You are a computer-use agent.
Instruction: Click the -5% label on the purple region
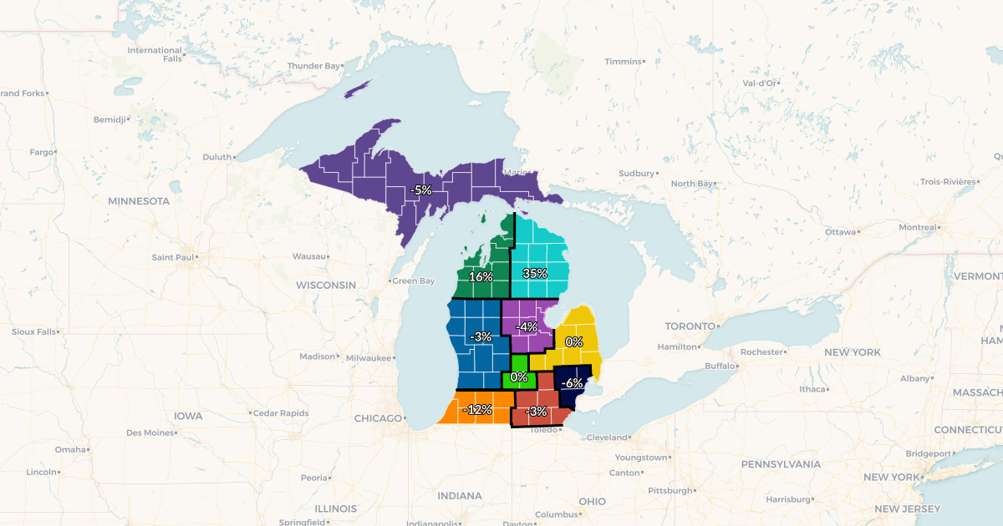pos(420,190)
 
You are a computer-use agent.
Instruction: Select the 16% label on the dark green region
pos(481,276)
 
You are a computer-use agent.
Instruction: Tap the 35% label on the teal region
pos(535,273)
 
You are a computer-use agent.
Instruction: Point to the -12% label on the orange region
pos(477,409)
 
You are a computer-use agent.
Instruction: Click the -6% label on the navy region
pos(572,383)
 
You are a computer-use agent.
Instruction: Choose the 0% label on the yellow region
pos(574,341)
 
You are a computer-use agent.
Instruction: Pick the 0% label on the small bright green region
pos(519,377)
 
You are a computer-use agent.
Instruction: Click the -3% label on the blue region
pos(481,336)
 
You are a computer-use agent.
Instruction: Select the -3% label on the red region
pos(536,412)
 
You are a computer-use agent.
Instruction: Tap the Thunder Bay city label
pos(313,66)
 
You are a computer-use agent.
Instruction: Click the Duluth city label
pos(216,157)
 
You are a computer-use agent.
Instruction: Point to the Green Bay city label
pos(414,281)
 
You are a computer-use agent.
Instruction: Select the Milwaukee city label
pos(369,357)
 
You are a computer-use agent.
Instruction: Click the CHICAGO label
pos(378,418)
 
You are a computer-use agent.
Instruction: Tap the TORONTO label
pos(690,326)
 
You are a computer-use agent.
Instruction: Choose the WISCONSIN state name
pos(325,286)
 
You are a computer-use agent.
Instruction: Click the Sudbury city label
pos(636,174)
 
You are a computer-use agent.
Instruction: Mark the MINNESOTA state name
pos(139,201)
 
